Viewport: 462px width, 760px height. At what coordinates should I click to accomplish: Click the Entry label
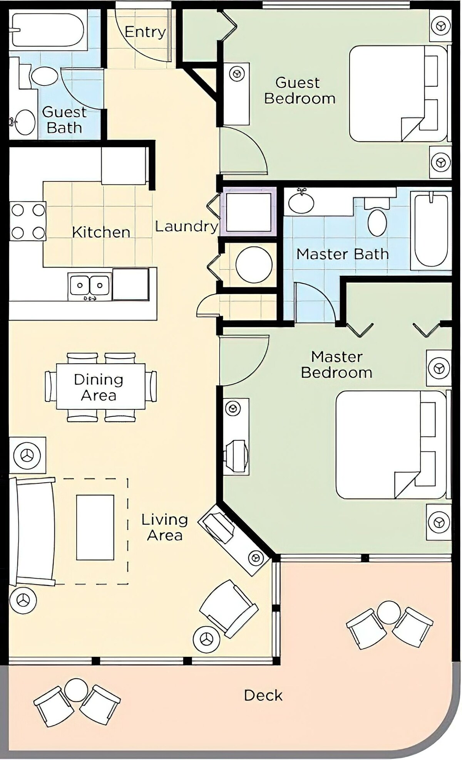(x=145, y=32)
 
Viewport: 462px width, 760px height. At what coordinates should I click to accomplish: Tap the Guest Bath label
(x=64, y=120)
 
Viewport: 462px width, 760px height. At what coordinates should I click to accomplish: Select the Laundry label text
(x=187, y=226)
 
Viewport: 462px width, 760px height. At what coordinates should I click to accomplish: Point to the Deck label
(x=263, y=695)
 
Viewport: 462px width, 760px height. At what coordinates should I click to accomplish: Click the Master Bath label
(x=342, y=254)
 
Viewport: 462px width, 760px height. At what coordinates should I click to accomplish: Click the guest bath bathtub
(x=48, y=30)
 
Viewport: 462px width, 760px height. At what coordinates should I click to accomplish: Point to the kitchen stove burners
(x=28, y=221)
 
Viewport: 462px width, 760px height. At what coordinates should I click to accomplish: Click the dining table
(x=101, y=387)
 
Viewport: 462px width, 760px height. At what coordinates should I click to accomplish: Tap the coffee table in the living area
(x=95, y=527)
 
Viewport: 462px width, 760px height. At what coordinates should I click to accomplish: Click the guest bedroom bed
(x=398, y=94)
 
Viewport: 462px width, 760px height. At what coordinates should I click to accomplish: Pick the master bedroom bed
(x=391, y=445)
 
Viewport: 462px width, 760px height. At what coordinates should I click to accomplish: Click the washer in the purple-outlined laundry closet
(x=249, y=212)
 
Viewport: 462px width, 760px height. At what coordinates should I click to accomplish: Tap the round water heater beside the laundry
(x=254, y=265)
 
